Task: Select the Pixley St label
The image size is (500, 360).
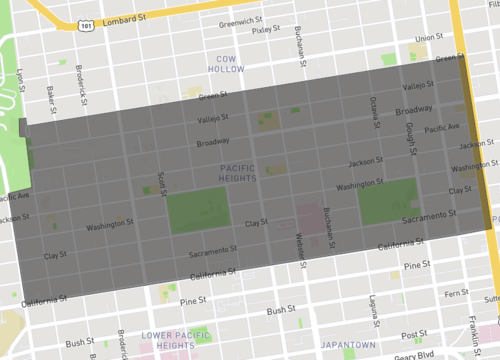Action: coord(267,30)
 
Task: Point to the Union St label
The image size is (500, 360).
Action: coord(428,39)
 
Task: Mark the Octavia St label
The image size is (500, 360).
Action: coord(373,106)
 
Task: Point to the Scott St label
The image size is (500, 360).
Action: coord(162,184)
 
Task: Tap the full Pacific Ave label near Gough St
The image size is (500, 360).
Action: coord(441,128)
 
